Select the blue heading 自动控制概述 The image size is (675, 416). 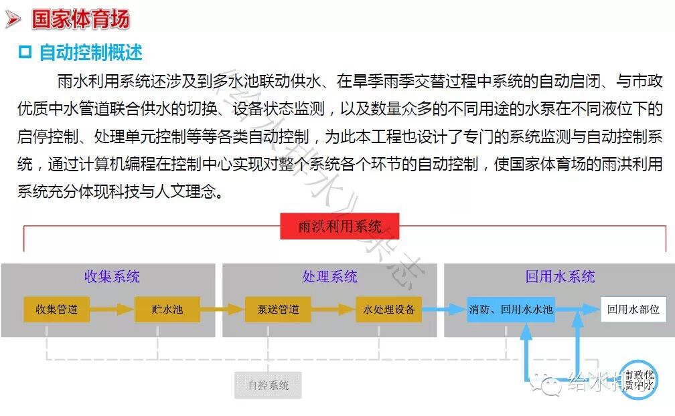(90, 52)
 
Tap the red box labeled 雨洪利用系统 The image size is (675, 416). (340, 227)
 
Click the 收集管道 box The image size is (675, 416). (56, 310)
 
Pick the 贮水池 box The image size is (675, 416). (167, 310)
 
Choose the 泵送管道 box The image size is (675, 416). (278, 310)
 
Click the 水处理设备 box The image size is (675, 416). (389, 310)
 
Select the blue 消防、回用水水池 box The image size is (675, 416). (510, 310)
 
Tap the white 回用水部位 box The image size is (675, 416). (633, 310)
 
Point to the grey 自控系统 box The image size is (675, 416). (268, 385)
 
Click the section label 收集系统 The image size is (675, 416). (112, 277)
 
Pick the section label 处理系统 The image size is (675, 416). (329, 277)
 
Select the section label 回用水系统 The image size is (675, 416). (560, 277)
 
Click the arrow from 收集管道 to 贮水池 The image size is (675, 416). (112, 310)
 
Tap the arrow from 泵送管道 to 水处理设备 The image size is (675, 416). (333, 310)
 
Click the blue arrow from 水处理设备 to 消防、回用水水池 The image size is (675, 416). (444, 310)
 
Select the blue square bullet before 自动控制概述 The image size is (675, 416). (25, 53)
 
